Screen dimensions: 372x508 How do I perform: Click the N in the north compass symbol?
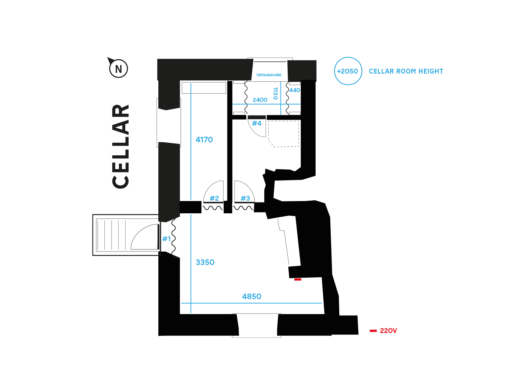119,69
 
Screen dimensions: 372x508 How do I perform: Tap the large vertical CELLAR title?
121,146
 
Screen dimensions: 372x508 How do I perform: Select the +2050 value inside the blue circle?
347,71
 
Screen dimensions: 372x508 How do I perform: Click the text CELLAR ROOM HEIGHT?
406,71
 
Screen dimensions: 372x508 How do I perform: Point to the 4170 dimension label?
204,140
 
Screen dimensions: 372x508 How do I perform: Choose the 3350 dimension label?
205,262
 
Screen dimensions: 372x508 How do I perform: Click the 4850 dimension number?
252,297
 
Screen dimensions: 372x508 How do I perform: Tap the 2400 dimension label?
260,100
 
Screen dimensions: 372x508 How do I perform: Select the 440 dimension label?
295,90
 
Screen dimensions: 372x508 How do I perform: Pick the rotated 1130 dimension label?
275,94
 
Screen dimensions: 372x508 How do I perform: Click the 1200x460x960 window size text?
269,75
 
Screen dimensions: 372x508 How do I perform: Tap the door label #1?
166,239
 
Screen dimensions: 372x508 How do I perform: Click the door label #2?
214,198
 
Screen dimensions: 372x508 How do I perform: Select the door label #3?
245,198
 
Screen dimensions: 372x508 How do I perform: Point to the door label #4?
257,123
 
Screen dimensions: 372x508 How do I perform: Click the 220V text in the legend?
388,331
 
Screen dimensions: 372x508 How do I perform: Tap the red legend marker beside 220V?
373,331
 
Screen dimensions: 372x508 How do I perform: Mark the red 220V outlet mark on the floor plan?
298,279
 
